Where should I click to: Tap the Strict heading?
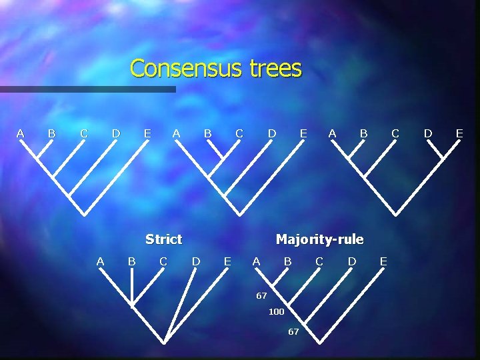tap(163, 239)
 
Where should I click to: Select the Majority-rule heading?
tap(319, 239)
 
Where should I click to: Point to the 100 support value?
tap(276, 312)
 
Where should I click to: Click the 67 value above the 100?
tap(261, 295)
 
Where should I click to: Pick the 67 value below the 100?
tap(293, 331)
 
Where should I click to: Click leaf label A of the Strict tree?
tap(100, 261)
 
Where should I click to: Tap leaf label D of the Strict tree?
tap(196, 261)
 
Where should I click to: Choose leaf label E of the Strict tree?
tap(227, 261)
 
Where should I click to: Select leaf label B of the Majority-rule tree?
tap(287, 261)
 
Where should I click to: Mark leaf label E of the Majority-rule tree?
tap(383, 261)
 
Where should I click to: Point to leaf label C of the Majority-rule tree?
tap(319, 261)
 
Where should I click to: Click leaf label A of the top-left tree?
tap(20, 133)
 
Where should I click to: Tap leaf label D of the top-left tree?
tap(116, 133)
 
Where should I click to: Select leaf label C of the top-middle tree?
tap(239, 133)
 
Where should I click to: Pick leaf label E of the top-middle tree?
tap(303, 133)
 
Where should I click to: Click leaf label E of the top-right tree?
tap(459, 133)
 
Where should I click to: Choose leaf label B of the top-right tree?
tap(363, 133)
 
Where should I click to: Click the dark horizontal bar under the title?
tap(87, 89)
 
